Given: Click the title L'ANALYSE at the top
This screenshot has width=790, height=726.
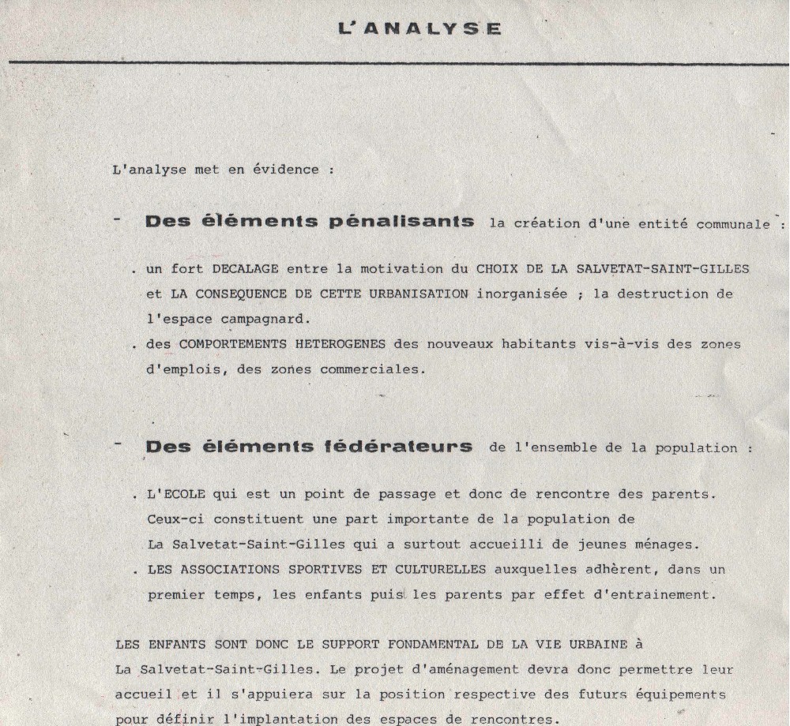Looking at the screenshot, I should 419,28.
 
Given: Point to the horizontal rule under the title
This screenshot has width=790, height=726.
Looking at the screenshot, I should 395,61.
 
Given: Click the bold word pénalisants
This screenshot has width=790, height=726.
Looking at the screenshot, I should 401,222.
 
